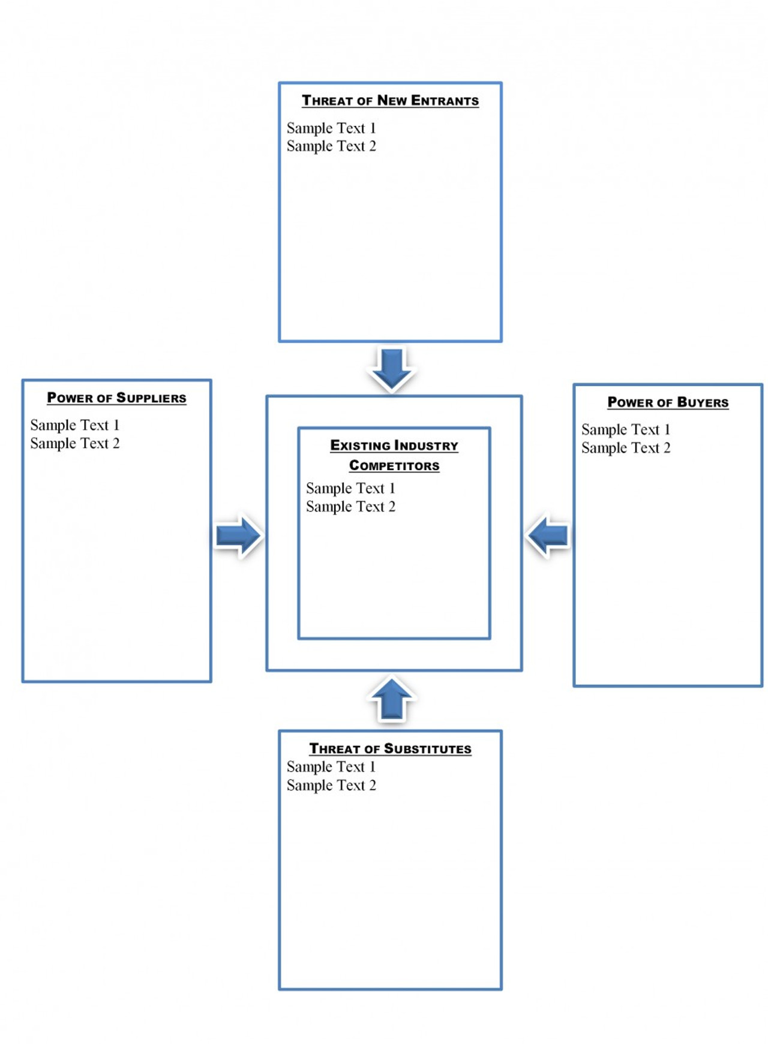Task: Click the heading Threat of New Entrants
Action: tap(390, 100)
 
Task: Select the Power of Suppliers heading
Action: tap(116, 398)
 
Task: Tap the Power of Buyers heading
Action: tap(668, 402)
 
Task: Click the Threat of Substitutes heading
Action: tap(390, 748)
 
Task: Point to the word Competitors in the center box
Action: tap(394, 465)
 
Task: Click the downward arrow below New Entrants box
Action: tap(391, 368)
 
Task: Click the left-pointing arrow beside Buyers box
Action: tap(548, 535)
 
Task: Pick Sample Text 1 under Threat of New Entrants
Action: tap(331, 128)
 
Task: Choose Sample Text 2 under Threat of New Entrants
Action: tap(331, 146)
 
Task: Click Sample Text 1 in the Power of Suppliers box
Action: tap(75, 425)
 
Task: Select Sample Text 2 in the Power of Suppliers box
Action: tap(75, 444)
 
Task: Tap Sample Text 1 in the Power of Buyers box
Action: tap(626, 430)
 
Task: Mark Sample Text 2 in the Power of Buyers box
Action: tap(626, 448)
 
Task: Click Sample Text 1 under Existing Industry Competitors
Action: tap(350, 488)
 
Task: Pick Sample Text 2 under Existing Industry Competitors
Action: tap(350, 507)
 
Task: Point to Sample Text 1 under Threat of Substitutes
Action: tap(331, 767)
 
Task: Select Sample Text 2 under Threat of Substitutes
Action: tap(331, 786)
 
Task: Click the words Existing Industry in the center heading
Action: tap(394, 446)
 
